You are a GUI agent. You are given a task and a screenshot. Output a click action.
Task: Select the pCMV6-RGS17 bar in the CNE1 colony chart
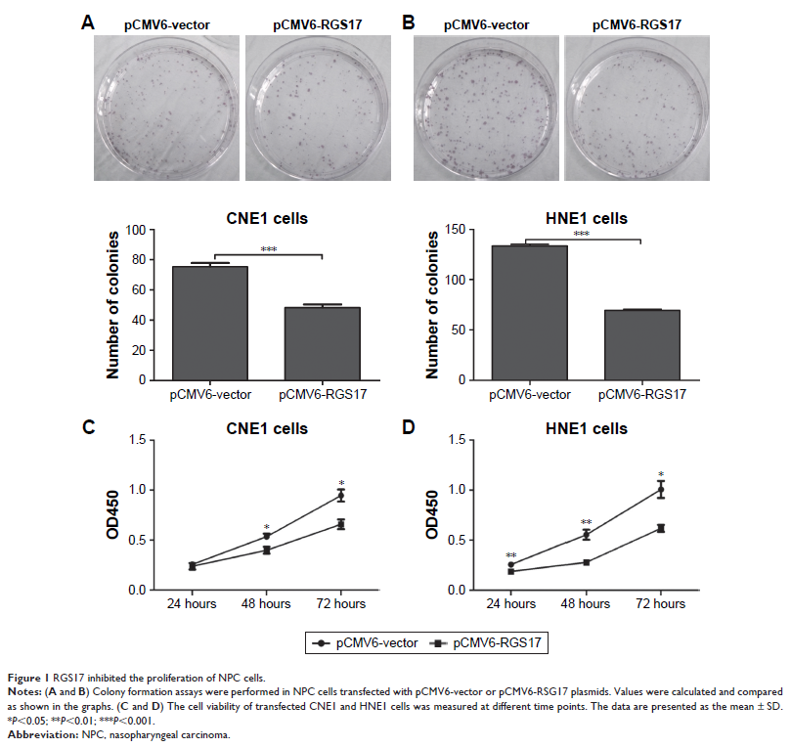[x=322, y=343]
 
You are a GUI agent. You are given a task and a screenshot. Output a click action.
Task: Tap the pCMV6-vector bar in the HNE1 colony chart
[x=527, y=312]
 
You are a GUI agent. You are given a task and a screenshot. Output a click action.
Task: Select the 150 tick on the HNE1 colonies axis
[x=451, y=229]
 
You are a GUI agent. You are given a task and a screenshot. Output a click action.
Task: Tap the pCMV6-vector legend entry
[x=369, y=642]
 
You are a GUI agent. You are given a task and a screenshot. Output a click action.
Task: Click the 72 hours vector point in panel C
[x=341, y=496]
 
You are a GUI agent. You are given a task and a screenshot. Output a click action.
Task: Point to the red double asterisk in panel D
[x=587, y=522]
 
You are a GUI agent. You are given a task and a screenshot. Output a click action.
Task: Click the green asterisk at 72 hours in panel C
[x=341, y=482]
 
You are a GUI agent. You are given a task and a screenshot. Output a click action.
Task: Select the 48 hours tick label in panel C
[x=266, y=604]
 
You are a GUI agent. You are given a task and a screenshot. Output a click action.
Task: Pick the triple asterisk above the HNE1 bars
[x=582, y=235]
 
